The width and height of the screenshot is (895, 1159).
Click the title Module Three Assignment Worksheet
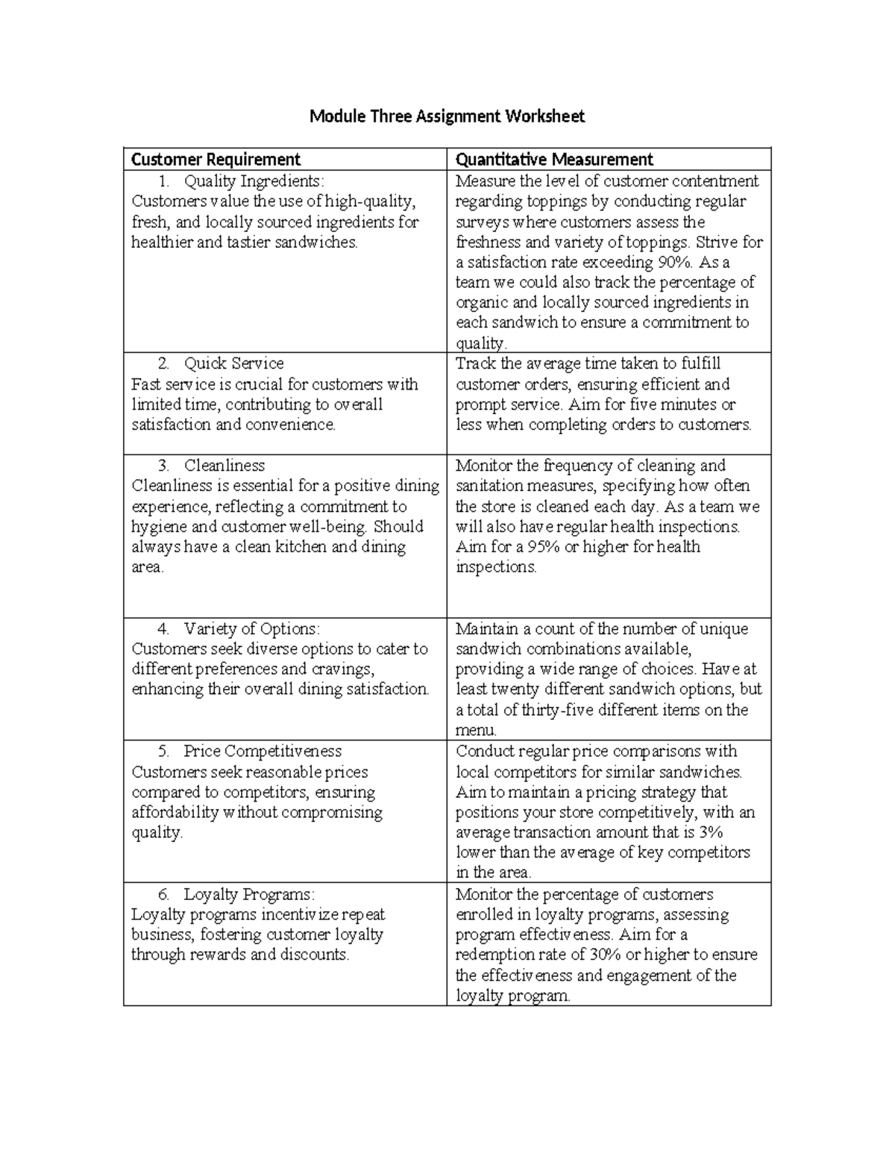coord(447,116)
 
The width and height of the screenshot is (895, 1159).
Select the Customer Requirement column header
coord(216,159)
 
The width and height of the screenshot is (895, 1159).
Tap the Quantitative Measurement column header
coord(553,159)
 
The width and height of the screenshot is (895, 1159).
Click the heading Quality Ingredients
coord(254,181)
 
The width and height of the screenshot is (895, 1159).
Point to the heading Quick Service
coord(233,363)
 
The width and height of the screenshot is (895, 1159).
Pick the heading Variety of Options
coord(251,628)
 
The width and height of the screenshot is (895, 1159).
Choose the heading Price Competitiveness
coord(263,751)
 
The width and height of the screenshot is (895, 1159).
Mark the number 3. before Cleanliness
coord(164,466)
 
